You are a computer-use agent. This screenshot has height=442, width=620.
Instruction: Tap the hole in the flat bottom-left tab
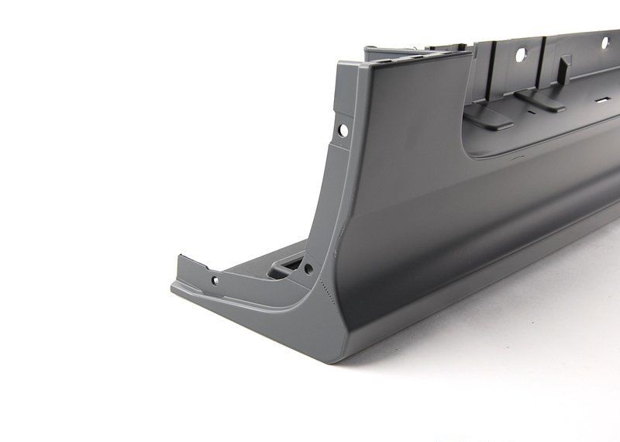pyautogui.click(x=215, y=279)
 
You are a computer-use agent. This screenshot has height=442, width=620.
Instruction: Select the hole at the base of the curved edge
pyautogui.click(x=308, y=269)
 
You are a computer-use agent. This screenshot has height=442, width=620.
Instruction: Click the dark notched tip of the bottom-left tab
pyautogui.click(x=184, y=256)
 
